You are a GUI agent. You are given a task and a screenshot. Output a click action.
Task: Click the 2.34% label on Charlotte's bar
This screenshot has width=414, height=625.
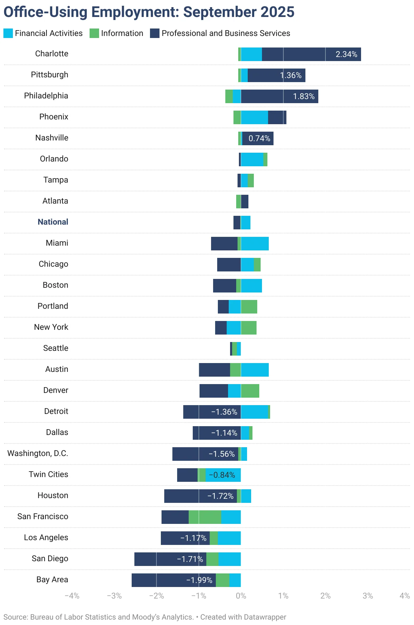pyautogui.click(x=346, y=54)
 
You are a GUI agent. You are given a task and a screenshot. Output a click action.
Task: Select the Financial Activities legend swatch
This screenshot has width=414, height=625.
pyautogui.click(x=8, y=33)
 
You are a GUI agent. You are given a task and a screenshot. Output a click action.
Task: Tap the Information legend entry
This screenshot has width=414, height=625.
pyautogui.click(x=122, y=33)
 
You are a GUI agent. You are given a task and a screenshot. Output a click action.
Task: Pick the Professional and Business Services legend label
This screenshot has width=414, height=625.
pyautogui.click(x=226, y=33)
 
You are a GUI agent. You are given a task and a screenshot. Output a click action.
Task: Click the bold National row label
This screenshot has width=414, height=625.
pyautogui.click(x=53, y=222)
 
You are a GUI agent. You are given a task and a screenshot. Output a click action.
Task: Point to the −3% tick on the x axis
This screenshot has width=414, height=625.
pyautogui.click(x=114, y=596)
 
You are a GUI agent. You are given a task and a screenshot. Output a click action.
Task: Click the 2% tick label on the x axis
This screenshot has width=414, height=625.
pyautogui.click(x=325, y=596)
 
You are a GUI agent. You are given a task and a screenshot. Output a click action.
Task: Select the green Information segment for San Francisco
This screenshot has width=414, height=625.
pyautogui.click(x=205, y=517)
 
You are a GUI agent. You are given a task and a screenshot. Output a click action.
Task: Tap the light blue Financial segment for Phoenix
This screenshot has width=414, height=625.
pyautogui.click(x=254, y=117)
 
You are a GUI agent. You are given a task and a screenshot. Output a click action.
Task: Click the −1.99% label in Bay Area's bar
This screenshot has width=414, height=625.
pyautogui.click(x=199, y=580)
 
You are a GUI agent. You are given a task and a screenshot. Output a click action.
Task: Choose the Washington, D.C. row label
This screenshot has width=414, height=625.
pyautogui.click(x=38, y=453)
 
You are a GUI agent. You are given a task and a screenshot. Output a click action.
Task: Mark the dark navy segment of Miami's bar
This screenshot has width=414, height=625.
pyautogui.click(x=224, y=244)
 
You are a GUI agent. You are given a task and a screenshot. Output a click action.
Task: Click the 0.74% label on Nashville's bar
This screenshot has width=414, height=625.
pyautogui.click(x=259, y=138)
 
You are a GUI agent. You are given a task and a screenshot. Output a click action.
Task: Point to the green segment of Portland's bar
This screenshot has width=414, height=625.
pyautogui.click(x=249, y=307)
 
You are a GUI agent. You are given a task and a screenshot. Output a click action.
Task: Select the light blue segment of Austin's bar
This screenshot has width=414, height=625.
pyautogui.click(x=255, y=370)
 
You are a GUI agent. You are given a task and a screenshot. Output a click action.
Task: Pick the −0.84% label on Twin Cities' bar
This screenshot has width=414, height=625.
pyautogui.click(x=222, y=475)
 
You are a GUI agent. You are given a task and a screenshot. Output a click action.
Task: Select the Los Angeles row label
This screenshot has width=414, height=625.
pyautogui.click(x=46, y=537)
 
